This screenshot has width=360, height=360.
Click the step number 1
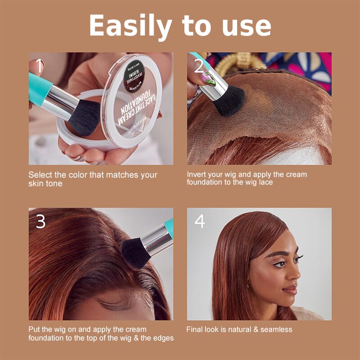[x=39, y=67]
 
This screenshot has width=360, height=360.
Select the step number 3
[x=40, y=221]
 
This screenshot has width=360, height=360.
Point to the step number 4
[x=199, y=221]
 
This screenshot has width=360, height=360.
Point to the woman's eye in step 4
[x=279, y=264]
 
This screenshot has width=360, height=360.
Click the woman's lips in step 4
[x=290, y=290]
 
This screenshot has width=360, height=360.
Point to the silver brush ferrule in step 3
[x=155, y=238]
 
